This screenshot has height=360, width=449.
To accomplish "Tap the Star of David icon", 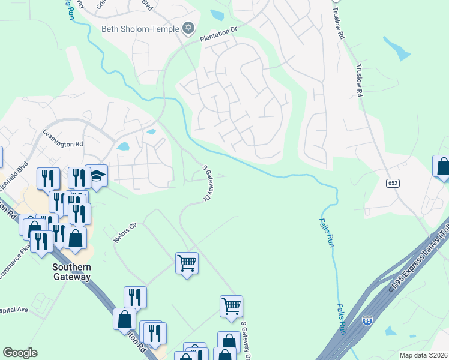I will (188, 28).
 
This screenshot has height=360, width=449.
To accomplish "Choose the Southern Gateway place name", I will (71, 272).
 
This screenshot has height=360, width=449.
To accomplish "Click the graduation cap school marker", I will (96, 176).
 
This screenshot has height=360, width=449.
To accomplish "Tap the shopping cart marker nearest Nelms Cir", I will (187, 262).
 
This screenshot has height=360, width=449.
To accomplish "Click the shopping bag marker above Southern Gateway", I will (76, 238).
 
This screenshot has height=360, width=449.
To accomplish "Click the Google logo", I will (20, 353).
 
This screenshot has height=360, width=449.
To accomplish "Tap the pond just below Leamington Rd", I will (123, 146).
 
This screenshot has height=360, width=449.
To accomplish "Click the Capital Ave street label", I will (14, 310).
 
